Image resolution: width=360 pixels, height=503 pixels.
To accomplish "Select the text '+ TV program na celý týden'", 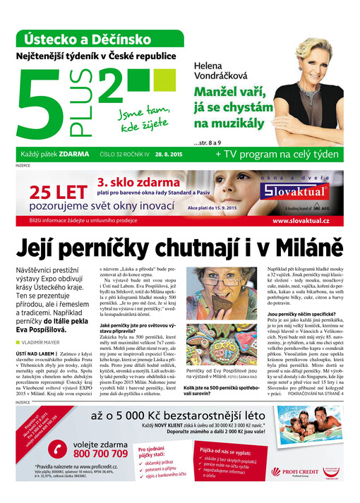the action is (x=277, y=154).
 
